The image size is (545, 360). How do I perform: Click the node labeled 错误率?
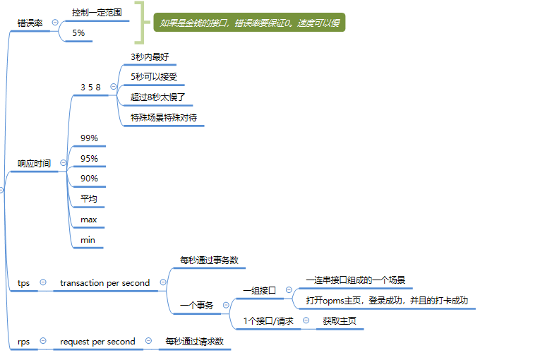coord(30,23)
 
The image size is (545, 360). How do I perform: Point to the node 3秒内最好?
coord(150,56)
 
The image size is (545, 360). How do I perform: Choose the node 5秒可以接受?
coord(154,76)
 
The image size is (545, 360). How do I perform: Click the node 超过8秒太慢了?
coord(157,97)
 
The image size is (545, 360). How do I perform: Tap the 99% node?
coord(89,138)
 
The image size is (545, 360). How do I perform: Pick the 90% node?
coord(89,179)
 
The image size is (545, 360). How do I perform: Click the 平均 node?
coord(88,198)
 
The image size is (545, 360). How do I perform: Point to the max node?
coord(88,220)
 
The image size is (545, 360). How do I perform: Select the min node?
coord(88,240)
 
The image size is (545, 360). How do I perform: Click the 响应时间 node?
coord(34,163)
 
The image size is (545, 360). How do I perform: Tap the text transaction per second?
coord(104,283)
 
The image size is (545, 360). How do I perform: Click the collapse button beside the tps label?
coord(43,282)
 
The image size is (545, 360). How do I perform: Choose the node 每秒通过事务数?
coord(209,260)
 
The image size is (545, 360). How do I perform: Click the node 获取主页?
coord(340,321)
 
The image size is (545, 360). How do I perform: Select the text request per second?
coord(97,342)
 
